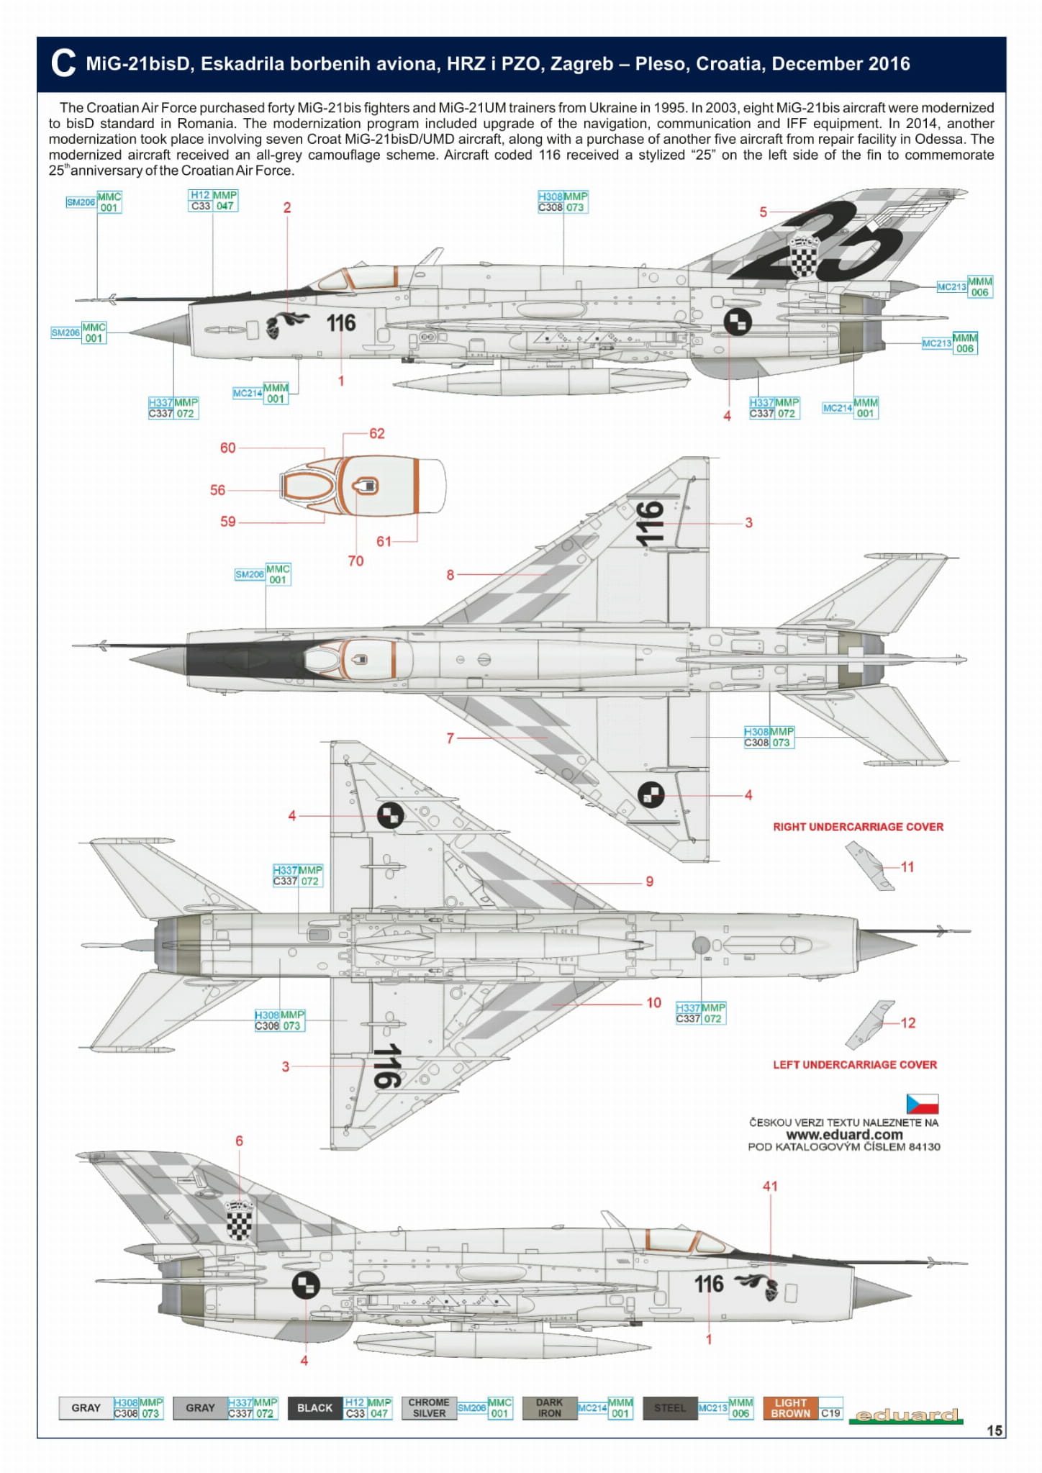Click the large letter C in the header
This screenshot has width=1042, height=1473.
tap(63, 63)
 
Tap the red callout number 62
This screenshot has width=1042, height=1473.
tap(376, 433)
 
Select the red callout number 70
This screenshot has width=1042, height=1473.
tap(355, 561)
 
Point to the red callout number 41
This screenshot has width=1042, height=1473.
tap(770, 1186)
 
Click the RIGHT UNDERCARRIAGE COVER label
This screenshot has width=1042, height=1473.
tap(858, 827)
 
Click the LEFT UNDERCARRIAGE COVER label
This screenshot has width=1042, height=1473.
tap(855, 1064)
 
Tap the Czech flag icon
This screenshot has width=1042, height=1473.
tap(922, 1104)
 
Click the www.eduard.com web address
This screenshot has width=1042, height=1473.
tap(844, 1134)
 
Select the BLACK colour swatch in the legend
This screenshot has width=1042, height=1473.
tap(314, 1408)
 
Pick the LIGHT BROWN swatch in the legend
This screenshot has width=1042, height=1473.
tap(790, 1408)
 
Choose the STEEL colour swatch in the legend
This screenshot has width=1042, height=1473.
tap(669, 1408)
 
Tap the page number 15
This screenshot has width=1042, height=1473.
tap(994, 1431)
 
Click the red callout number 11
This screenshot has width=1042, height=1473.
tap(907, 867)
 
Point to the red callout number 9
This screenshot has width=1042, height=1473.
tap(649, 881)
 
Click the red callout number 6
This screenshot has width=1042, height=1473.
tap(239, 1141)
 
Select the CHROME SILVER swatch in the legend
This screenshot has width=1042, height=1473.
tap(428, 1408)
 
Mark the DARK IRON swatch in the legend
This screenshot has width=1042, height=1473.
tap(549, 1408)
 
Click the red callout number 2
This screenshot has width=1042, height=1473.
tap(287, 208)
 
